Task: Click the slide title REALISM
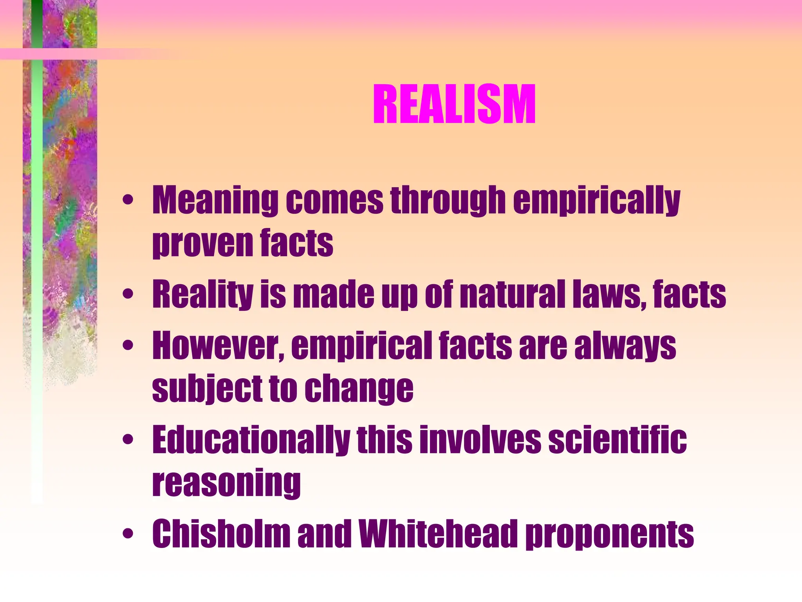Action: pyautogui.click(x=454, y=105)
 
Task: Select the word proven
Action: pyautogui.click(x=202, y=243)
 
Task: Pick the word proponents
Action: pyautogui.click(x=609, y=534)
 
